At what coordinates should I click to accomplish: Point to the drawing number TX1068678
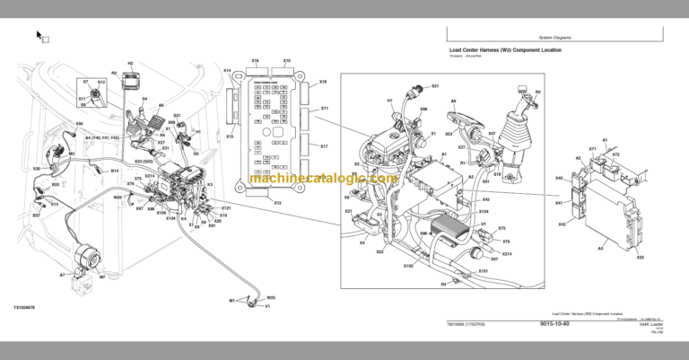[x=27, y=305]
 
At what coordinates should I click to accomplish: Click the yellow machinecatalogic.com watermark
[x=324, y=179]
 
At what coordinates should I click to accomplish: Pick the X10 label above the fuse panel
[x=286, y=62]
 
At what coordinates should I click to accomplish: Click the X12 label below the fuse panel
[x=277, y=204]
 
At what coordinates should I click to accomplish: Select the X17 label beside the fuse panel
[x=324, y=145]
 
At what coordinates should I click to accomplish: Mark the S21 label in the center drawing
[x=435, y=86]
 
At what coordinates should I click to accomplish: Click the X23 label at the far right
[x=640, y=258]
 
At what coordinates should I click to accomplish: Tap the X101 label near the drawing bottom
[x=483, y=269]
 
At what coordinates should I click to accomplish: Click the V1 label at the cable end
[x=266, y=305]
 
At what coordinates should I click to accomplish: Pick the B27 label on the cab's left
[x=37, y=215]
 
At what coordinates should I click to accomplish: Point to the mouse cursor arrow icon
[x=39, y=36]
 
